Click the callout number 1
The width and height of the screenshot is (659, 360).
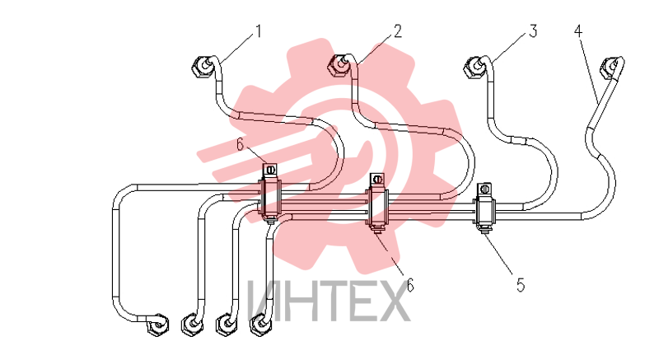[x=259, y=31]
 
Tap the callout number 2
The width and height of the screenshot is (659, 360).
[x=397, y=31]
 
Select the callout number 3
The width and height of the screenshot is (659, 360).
[x=533, y=31]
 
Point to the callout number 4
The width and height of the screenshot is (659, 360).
[x=578, y=30]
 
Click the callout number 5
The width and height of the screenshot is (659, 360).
[x=521, y=285]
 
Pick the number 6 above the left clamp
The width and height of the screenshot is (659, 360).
[x=240, y=144]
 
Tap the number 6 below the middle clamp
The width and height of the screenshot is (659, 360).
[x=409, y=285]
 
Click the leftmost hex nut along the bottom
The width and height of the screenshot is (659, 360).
[x=158, y=325]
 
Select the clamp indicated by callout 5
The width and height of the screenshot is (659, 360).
[x=484, y=209]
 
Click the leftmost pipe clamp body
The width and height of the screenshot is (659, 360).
[x=271, y=197]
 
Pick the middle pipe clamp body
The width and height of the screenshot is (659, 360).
[x=377, y=204]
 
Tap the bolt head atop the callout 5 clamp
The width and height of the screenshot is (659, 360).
[x=485, y=189]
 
